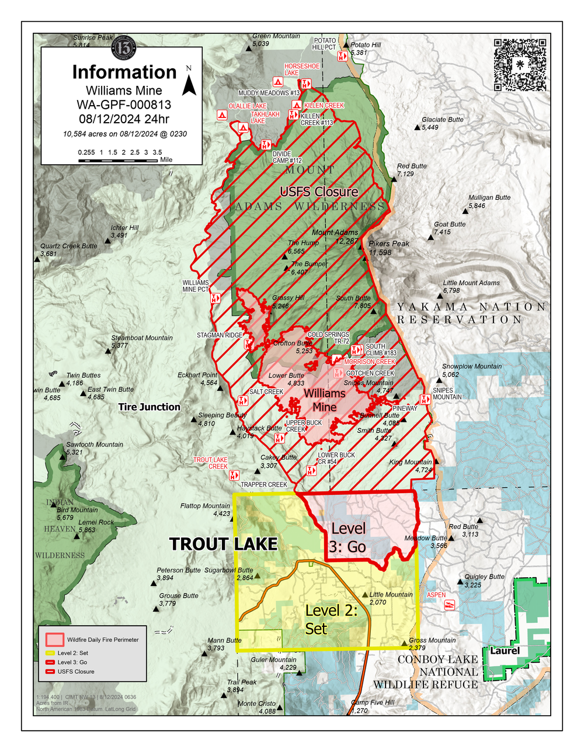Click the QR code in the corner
[x=520, y=64]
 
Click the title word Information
[x=124, y=72]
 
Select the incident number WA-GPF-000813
[x=124, y=105]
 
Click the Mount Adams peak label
[x=335, y=233]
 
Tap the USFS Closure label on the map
[x=319, y=192]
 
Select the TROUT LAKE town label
[x=223, y=544]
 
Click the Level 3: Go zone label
[x=348, y=537]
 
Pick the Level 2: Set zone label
[x=331, y=619]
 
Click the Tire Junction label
[x=149, y=407]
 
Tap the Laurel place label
[x=505, y=651]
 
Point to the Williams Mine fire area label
[x=324, y=400]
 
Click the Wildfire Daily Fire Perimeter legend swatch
[x=55, y=639]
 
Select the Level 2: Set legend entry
[x=73, y=653]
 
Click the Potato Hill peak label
[x=366, y=45]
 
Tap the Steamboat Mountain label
[x=142, y=338]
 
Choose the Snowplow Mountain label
[x=471, y=366]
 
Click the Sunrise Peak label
[x=92, y=37]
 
